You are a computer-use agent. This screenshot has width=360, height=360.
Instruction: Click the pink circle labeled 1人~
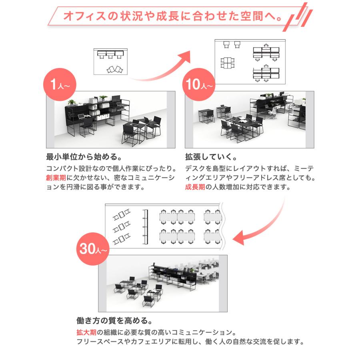tap(59, 85)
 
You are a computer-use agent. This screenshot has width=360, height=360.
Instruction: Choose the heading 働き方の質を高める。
tap(114, 321)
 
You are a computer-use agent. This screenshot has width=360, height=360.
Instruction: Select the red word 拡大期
tap(84, 332)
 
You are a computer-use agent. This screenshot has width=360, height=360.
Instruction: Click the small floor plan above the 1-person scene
tap(110, 61)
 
